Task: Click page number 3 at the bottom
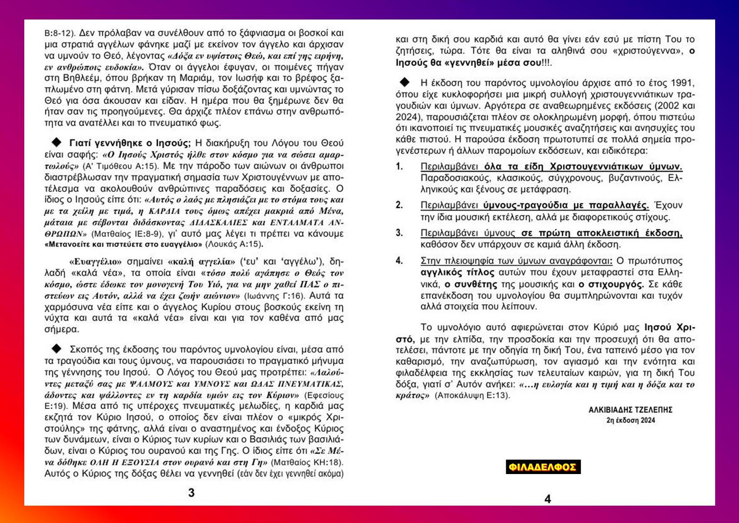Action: click(x=192, y=493)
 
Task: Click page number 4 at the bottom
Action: click(x=547, y=499)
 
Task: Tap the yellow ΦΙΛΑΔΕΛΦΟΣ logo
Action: click(x=543, y=467)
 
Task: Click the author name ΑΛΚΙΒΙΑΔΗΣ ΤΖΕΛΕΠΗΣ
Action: click(x=630, y=409)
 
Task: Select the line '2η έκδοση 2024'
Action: click(x=631, y=420)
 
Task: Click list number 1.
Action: click(x=399, y=166)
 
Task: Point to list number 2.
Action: click(x=399, y=205)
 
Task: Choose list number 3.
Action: click(x=399, y=233)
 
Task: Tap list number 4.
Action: click(x=399, y=261)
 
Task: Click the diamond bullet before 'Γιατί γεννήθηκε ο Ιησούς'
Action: click(x=57, y=142)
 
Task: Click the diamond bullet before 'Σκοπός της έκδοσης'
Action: click(x=57, y=348)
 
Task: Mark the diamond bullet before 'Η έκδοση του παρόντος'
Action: click(x=405, y=82)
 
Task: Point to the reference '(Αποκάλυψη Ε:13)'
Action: click(x=472, y=395)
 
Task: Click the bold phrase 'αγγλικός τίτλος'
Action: click(x=457, y=273)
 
